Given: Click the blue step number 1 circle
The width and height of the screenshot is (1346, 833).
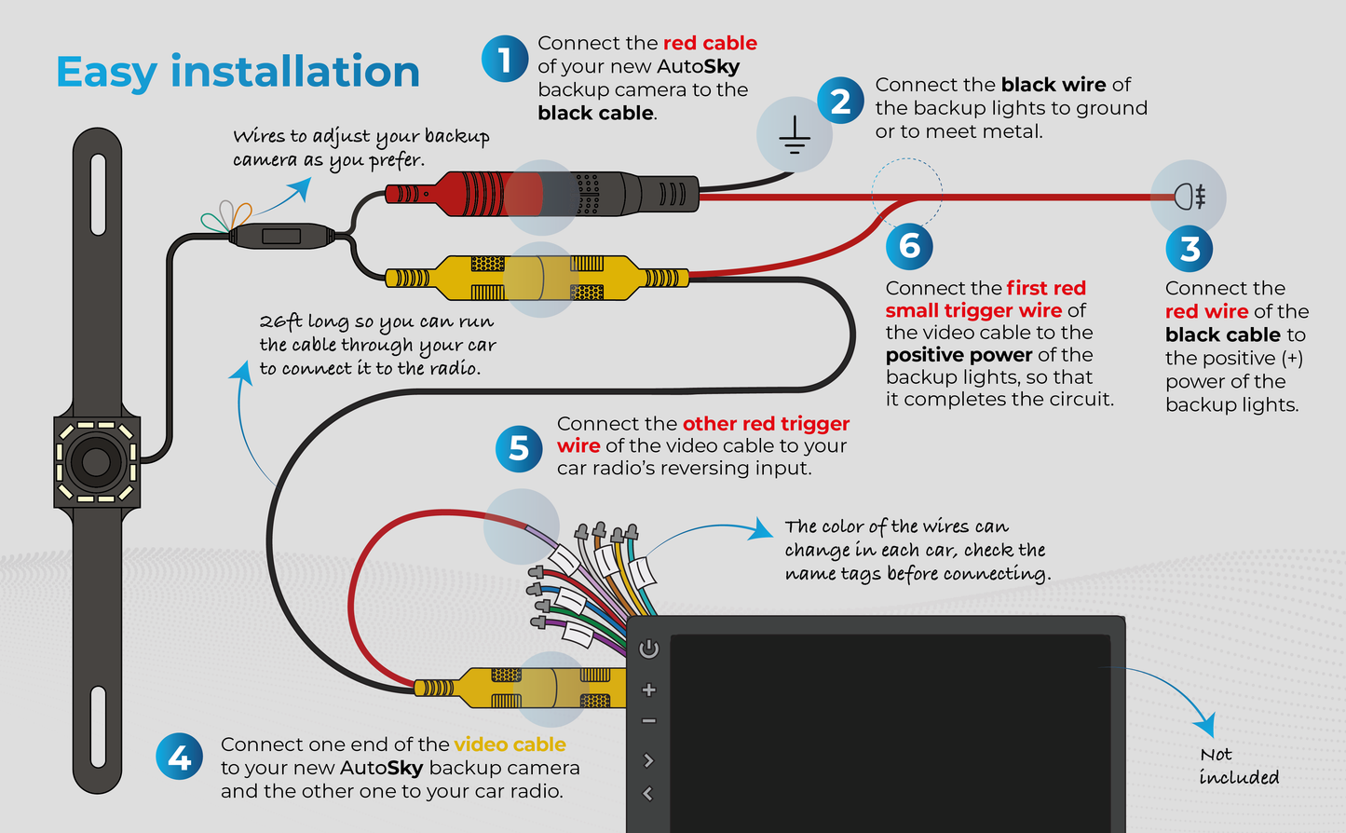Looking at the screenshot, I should [x=504, y=60].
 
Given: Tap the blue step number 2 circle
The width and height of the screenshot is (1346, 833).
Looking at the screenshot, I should [x=840, y=101].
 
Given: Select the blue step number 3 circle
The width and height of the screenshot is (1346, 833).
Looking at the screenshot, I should [x=1190, y=249].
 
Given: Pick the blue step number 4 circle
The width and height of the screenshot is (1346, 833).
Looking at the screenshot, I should [x=179, y=758].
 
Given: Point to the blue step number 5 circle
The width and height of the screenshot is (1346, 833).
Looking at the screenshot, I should [x=519, y=449].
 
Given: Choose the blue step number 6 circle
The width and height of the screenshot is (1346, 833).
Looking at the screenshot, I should [x=909, y=246].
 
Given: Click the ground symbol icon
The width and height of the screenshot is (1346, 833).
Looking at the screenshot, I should [x=794, y=137].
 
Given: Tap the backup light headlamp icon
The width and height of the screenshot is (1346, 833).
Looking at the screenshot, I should [x=1190, y=197].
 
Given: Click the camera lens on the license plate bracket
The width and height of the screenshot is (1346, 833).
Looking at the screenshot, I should [x=96, y=461].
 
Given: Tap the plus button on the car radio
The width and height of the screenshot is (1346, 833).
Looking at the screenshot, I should [x=649, y=690].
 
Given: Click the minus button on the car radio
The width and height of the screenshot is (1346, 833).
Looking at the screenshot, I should [x=649, y=720].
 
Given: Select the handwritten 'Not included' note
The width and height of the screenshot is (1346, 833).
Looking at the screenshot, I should [x=1238, y=766].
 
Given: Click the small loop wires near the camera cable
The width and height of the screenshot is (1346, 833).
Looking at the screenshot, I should [x=226, y=216].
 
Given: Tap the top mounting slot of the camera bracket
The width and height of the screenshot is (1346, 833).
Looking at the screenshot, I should [x=98, y=183].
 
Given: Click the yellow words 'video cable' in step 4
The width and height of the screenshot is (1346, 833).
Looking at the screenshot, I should [x=510, y=744].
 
